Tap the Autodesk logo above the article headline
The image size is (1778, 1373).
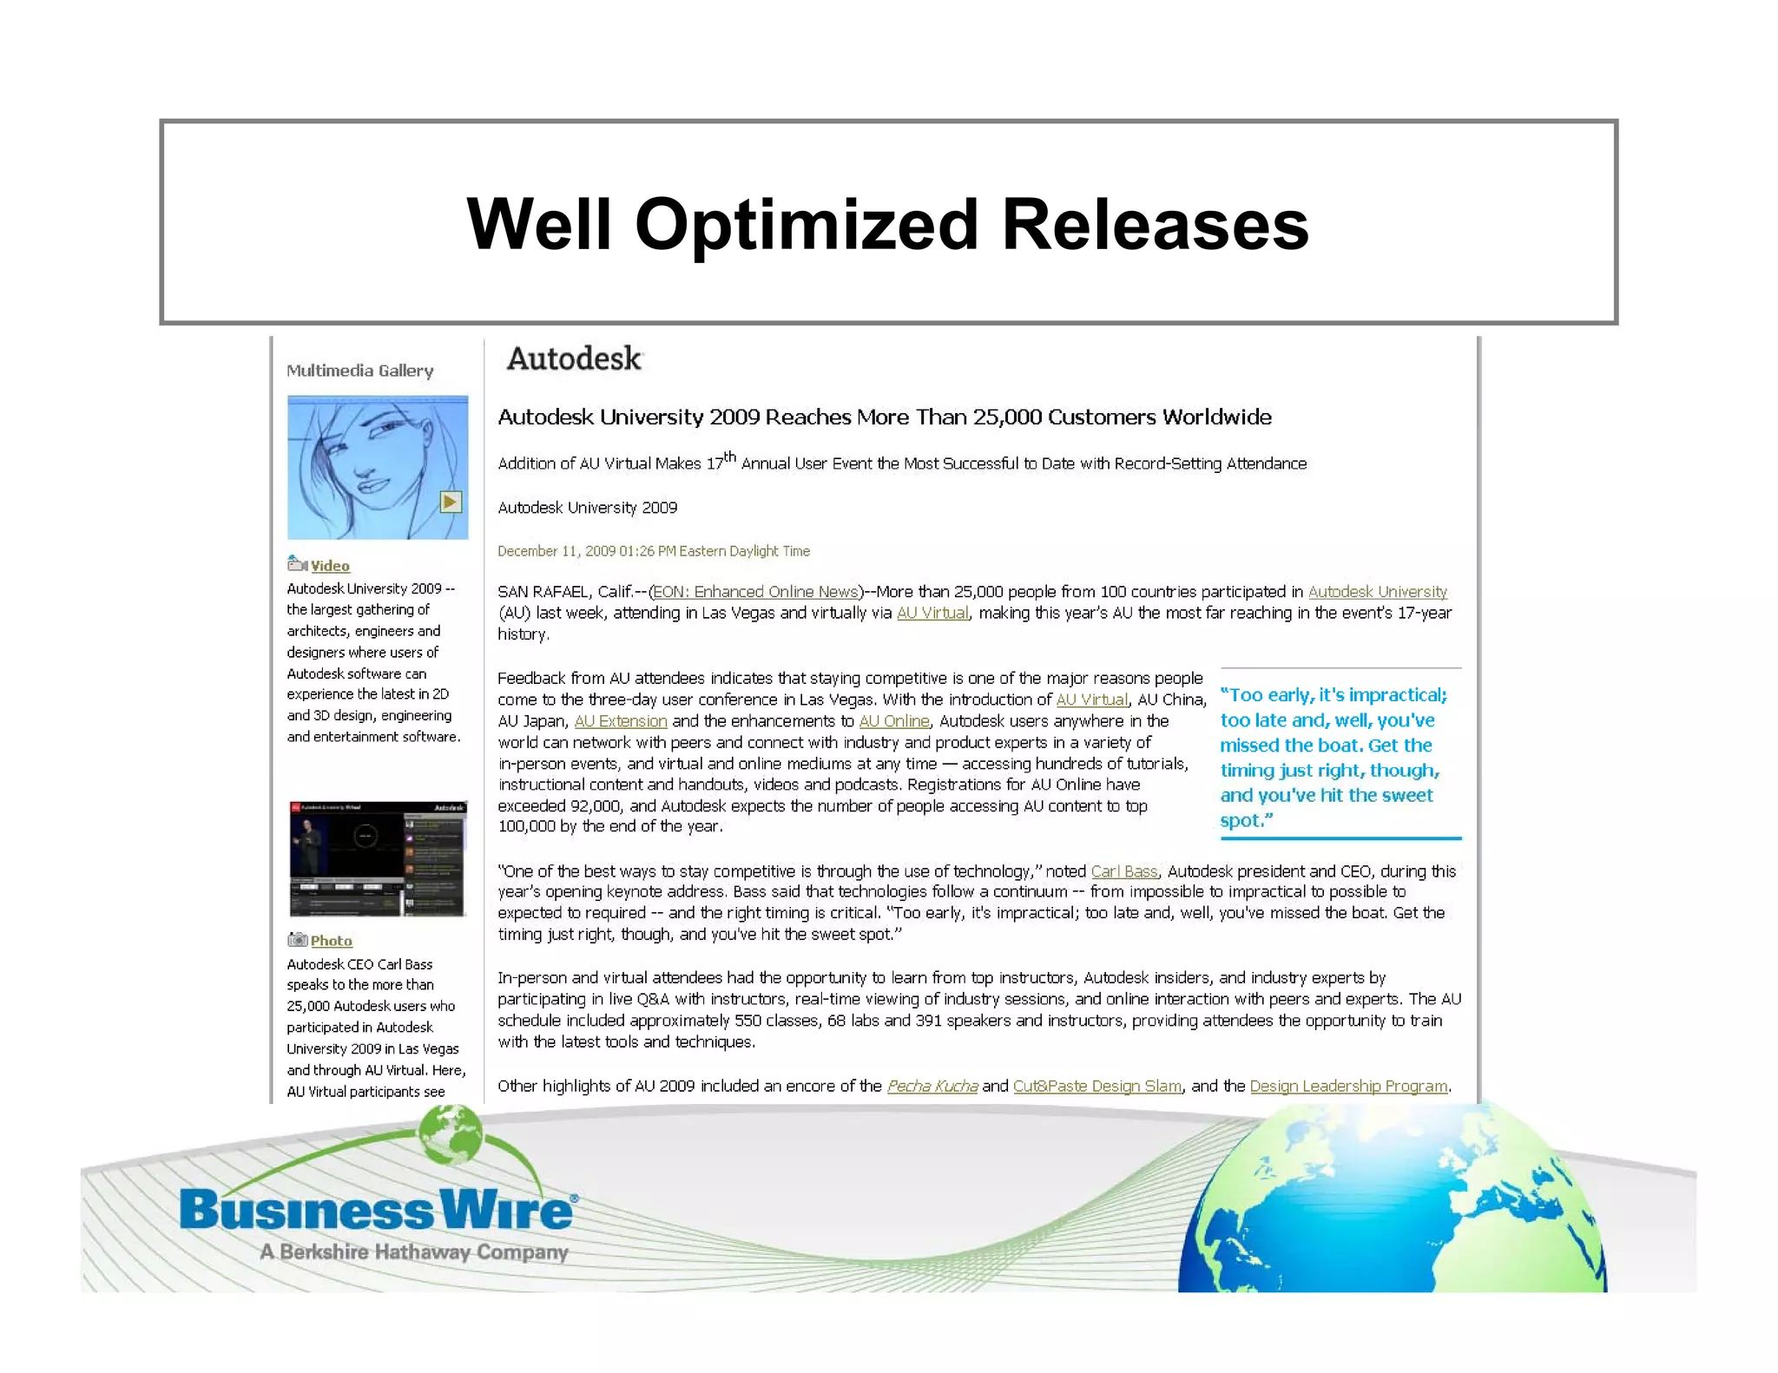point(574,358)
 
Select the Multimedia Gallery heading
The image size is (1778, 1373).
point(359,371)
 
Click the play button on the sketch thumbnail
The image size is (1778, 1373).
point(451,502)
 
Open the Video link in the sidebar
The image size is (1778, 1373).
point(330,566)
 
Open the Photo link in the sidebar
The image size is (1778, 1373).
point(331,941)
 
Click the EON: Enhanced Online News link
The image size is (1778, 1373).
point(755,592)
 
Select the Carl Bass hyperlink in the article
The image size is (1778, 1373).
point(1124,871)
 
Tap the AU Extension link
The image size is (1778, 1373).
point(621,721)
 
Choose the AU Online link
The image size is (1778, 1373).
point(894,721)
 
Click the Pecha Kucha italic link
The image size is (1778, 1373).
point(932,1087)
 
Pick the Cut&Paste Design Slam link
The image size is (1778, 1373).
point(1096,1087)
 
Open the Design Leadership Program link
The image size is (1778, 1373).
point(1348,1087)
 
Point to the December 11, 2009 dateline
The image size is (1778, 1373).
point(653,551)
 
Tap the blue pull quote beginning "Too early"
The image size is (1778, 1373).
point(1333,757)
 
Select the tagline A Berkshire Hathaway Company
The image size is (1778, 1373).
point(414,1252)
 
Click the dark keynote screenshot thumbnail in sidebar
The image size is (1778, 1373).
point(378,858)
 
